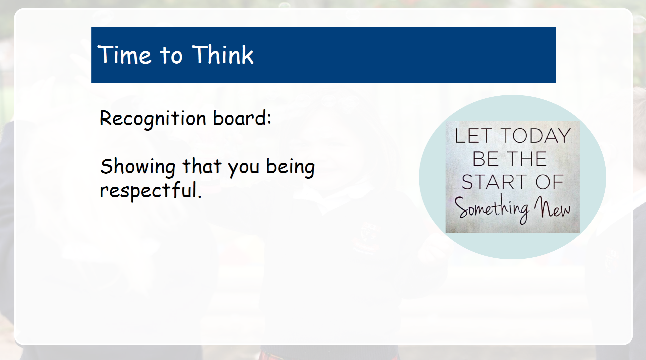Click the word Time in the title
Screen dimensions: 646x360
tap(124, 55)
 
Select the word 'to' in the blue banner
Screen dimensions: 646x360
tap(171, 55)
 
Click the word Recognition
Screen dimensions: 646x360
tap(153, 118)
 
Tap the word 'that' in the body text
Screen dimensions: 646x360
tap(202, 166)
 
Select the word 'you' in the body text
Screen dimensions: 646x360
tap(243, 168)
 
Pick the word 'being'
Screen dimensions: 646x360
tap(290, 167)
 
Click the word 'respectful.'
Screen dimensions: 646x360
tap(151, 191)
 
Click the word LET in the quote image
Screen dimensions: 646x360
tap(473, 136)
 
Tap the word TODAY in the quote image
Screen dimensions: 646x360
tap(536, 136)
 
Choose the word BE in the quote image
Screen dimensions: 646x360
tap(486, 159)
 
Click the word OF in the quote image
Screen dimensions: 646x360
tap(550, 182)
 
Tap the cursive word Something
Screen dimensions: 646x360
tap(492, 208)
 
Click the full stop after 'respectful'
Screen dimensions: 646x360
tap(199, 197)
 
